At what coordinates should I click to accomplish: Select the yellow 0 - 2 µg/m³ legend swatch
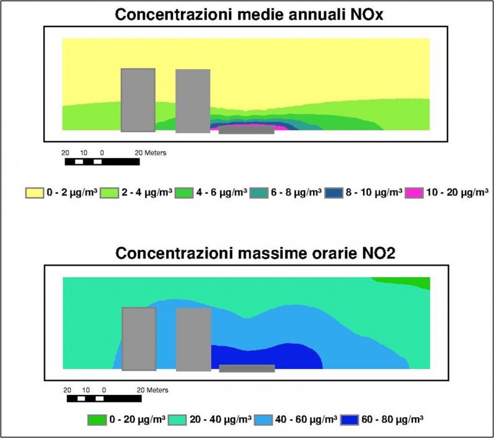tap(34, 193)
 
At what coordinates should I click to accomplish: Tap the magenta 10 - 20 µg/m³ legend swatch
tap(414, 193)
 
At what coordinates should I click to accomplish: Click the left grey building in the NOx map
tap(138, 100)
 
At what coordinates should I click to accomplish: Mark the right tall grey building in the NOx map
tap(193, 101)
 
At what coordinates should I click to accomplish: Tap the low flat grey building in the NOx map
tap(246, 130)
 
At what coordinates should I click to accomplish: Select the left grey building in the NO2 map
tap(139, 339)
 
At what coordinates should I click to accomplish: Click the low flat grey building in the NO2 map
tap(247, 368)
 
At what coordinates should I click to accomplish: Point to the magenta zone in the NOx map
tap(281, 128)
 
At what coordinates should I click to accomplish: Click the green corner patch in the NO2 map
tap(420, 282)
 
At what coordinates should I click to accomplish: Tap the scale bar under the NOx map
tap(102, 162)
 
